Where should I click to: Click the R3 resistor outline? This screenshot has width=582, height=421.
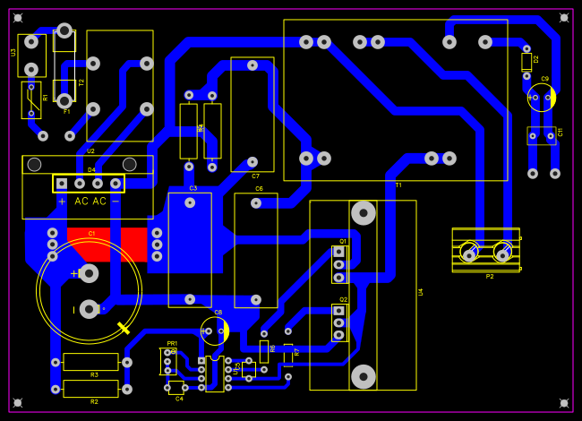click(90, 362)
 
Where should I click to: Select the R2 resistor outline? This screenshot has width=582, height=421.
click(90, 389)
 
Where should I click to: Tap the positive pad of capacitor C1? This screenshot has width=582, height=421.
click(89, 273)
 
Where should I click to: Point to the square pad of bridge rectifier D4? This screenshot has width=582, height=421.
click(62, 184)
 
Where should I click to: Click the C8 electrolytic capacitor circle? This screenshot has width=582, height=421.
click(215, 331)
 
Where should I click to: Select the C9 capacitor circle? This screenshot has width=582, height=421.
click(542, 98)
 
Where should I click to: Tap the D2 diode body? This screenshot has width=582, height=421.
click(526, 62)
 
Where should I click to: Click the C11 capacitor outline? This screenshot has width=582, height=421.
click(541, 136)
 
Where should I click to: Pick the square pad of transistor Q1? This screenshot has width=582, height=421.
click(338, 253)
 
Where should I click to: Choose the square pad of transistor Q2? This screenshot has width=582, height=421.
click(338, 311)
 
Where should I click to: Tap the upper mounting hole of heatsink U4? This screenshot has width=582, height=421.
click(363, 213)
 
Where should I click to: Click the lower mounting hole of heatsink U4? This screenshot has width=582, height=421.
click(363, 376)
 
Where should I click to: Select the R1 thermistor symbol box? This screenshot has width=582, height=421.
click(31, 100)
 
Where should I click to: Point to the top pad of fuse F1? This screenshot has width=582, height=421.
click(64, 31)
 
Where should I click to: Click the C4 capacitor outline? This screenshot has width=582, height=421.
click(177, 387)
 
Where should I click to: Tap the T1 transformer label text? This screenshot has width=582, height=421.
click(398, 185)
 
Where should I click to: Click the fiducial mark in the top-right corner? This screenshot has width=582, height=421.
click(563, 17)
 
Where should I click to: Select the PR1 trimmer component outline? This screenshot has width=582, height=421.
click(167, 361)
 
